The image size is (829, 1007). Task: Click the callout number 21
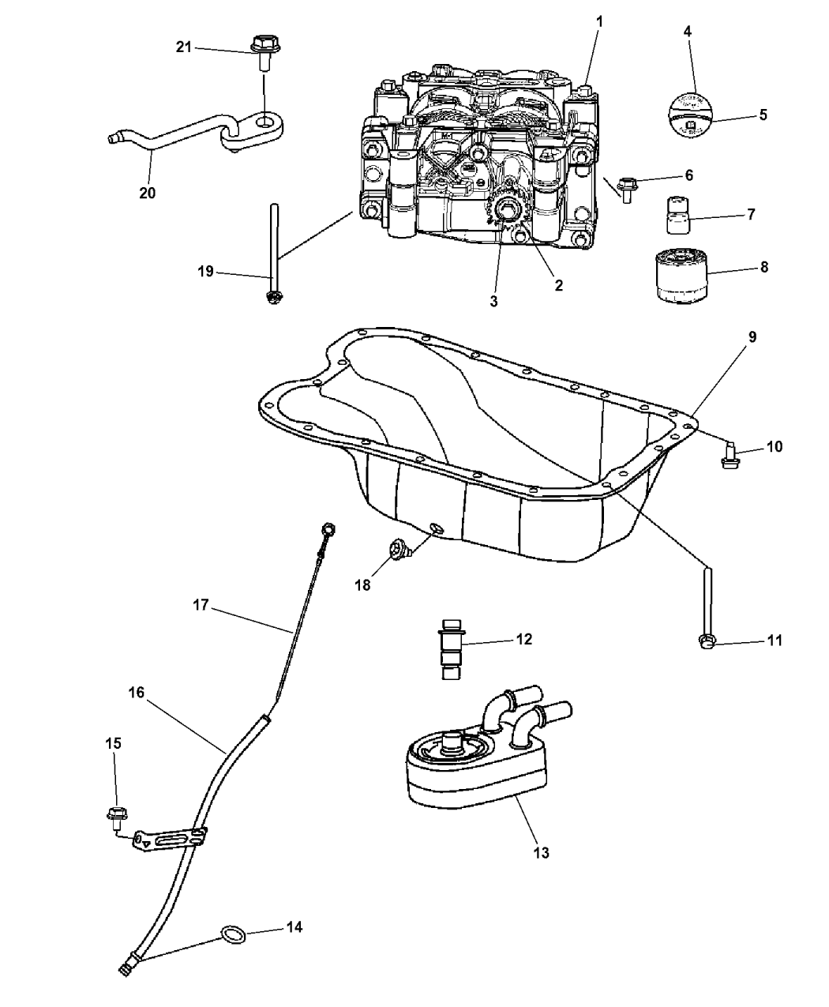[x=183, y=47]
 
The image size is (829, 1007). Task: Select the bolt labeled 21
[x=261, y=46]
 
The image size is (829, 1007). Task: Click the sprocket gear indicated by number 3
[x=505, y=212]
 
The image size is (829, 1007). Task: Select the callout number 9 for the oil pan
[x=752, y=337]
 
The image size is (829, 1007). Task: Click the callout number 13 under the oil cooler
[x=542, y=852]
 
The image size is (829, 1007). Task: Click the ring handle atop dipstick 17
[x=329, y=528]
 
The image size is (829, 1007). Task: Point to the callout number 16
[x=137, y=693]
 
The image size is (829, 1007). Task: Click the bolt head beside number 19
[x=274, y=297]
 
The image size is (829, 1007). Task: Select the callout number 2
[x=558, y=286]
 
